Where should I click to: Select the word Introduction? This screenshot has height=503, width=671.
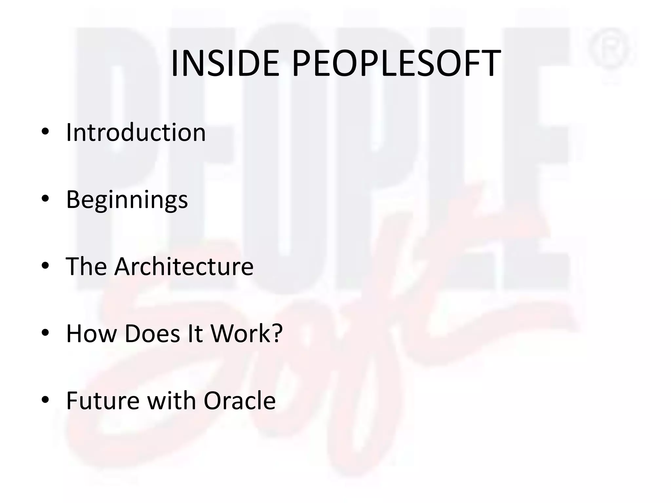pyautogui.click(x=136, y=132)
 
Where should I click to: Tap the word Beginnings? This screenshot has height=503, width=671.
pyautogui.click(x=127, y=200)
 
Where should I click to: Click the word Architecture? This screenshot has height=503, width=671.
pyautogui.click(x=184, y=266)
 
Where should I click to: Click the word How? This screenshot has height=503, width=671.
pyautogui.click(x=91, y=333)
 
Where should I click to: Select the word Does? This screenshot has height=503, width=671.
pyautogui.click(x=152, y=333)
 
